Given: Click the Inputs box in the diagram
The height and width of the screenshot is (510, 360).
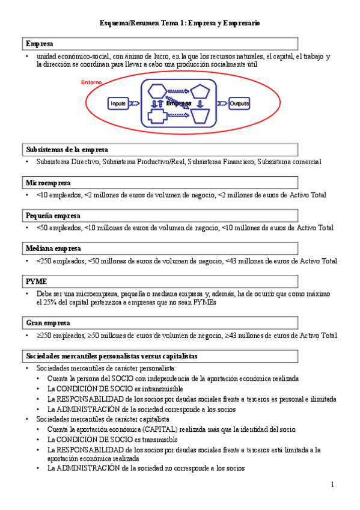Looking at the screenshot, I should tap(118, 103).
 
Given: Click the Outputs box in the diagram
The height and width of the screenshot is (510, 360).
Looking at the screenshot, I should tap(239, 103).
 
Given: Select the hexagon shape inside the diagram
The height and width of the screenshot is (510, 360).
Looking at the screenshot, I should tap(157, 91).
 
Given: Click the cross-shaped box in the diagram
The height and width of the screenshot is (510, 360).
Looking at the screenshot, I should tap(157, 115).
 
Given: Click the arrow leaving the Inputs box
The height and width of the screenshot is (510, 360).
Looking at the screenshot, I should tap(133, 103).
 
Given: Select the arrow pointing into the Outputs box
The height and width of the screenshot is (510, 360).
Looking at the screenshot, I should tap(222, 103).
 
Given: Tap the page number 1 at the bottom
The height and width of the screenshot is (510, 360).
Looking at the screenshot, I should tap(332, 485).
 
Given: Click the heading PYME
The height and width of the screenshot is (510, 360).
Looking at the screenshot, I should tap(36, 281).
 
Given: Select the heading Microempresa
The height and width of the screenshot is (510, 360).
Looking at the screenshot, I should tap(48, 182).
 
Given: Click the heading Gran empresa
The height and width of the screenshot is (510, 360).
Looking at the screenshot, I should tap(47, 323).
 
